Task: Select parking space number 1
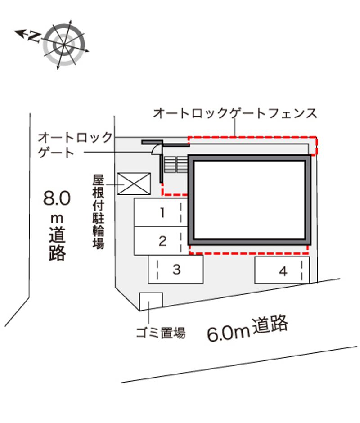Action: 161,212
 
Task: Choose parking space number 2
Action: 161,241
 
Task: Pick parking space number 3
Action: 175,269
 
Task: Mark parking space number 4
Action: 282,270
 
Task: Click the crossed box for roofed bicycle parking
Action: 134,184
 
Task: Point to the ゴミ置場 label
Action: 161,333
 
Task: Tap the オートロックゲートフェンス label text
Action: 235,113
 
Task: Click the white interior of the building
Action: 250,200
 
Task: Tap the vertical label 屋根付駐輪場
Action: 98,212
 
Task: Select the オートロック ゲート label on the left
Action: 75,145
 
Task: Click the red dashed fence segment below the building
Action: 249,253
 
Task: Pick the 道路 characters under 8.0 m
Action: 57,244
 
